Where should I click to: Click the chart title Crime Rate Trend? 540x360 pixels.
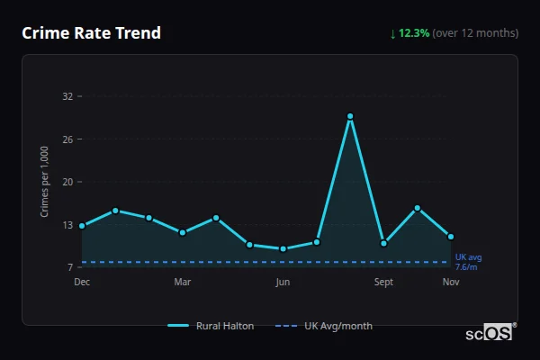[x=92, y=33]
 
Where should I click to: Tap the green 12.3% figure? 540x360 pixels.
[x=414, y=33]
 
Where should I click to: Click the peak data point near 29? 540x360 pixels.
[x=350, y=116]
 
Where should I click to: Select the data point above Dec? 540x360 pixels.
[x=82, y=226]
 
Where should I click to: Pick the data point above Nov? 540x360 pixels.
[x=451, y=237]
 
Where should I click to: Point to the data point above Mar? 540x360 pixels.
[x=183, y=232]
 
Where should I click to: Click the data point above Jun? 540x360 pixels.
[x=283, y=248]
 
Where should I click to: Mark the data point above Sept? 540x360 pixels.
[x=383, y=243]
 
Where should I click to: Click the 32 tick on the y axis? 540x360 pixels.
[x=67, y=96]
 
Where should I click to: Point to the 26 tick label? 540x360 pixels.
[x=67, y=139]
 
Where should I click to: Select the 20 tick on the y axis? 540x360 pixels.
[x=67, y=182]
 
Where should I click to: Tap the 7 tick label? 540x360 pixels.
[x=69, y=267]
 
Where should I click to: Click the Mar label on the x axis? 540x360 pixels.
[x=183, y=282]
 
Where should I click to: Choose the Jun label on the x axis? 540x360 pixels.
[x=283, y=282]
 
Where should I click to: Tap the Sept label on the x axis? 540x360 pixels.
[x=383, y=282]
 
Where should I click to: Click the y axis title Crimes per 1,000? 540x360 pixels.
[x=44, y=182]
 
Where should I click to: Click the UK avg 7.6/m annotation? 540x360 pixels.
[x=468, y=262]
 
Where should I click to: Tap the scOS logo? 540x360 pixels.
[x=490, y=332]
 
